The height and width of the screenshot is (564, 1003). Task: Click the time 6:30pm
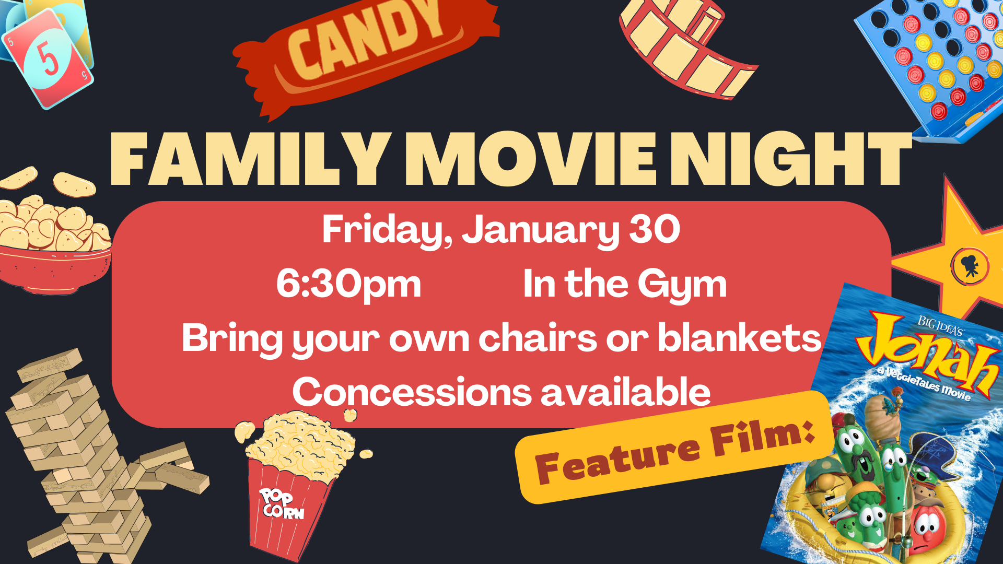pyautogui.click(x=348, y=285)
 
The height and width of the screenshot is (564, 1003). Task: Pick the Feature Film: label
pyautogui.click(x=674, y=449)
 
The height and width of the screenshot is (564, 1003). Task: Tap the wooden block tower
pyautogui.click(x=89, y=460)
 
